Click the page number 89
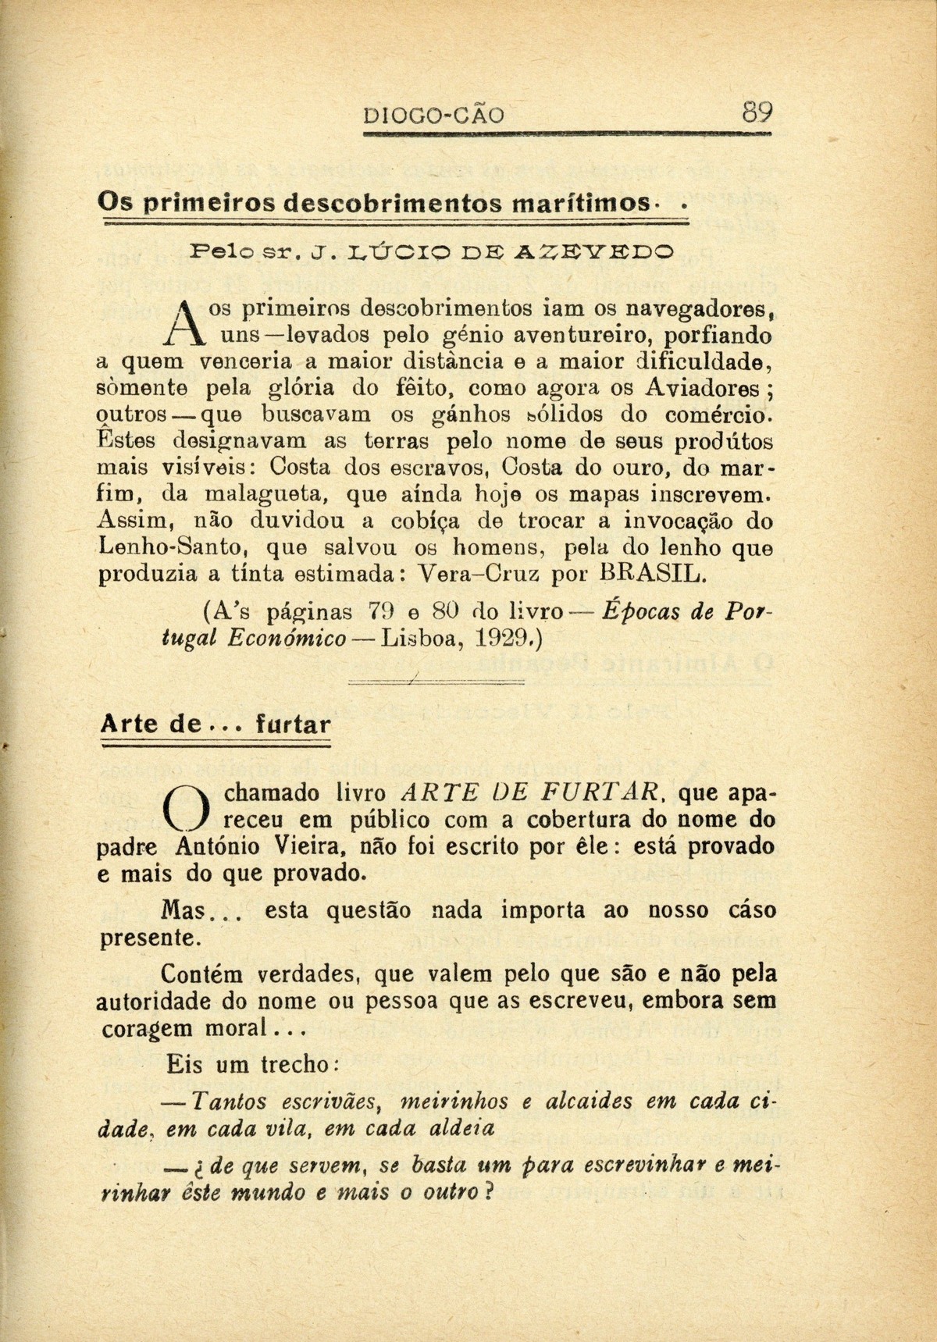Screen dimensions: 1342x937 click(x=757, y=115)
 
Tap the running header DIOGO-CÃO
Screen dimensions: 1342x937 click(x=434, y=117)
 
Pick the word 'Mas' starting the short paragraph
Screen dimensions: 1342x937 click(x=186, y=911)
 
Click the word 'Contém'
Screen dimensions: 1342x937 click(x=203, y=974)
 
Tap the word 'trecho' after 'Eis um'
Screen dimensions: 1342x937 click(x=293, y=1063)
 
